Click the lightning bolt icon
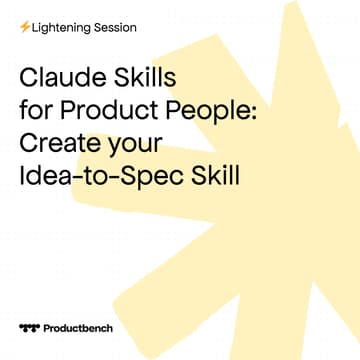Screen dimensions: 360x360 (24, 27)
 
